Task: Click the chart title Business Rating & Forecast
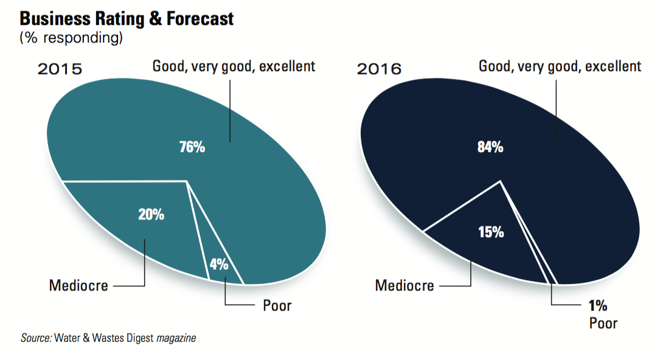(127, 18)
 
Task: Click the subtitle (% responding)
(71, 38)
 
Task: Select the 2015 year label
(60, 68)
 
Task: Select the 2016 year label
(379, 68)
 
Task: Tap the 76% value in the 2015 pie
(192, 147)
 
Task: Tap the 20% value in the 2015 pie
(151, 214)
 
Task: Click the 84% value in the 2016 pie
(490, 147)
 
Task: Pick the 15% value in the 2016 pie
(490, 232)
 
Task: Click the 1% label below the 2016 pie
(598, 305)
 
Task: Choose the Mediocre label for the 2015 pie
(78, 285)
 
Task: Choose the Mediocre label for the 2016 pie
(404, 285)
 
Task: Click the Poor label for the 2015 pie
(277, 305)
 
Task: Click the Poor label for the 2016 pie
(603, 323)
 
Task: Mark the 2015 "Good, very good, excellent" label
(234, 66)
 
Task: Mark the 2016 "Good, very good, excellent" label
(560, 66)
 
